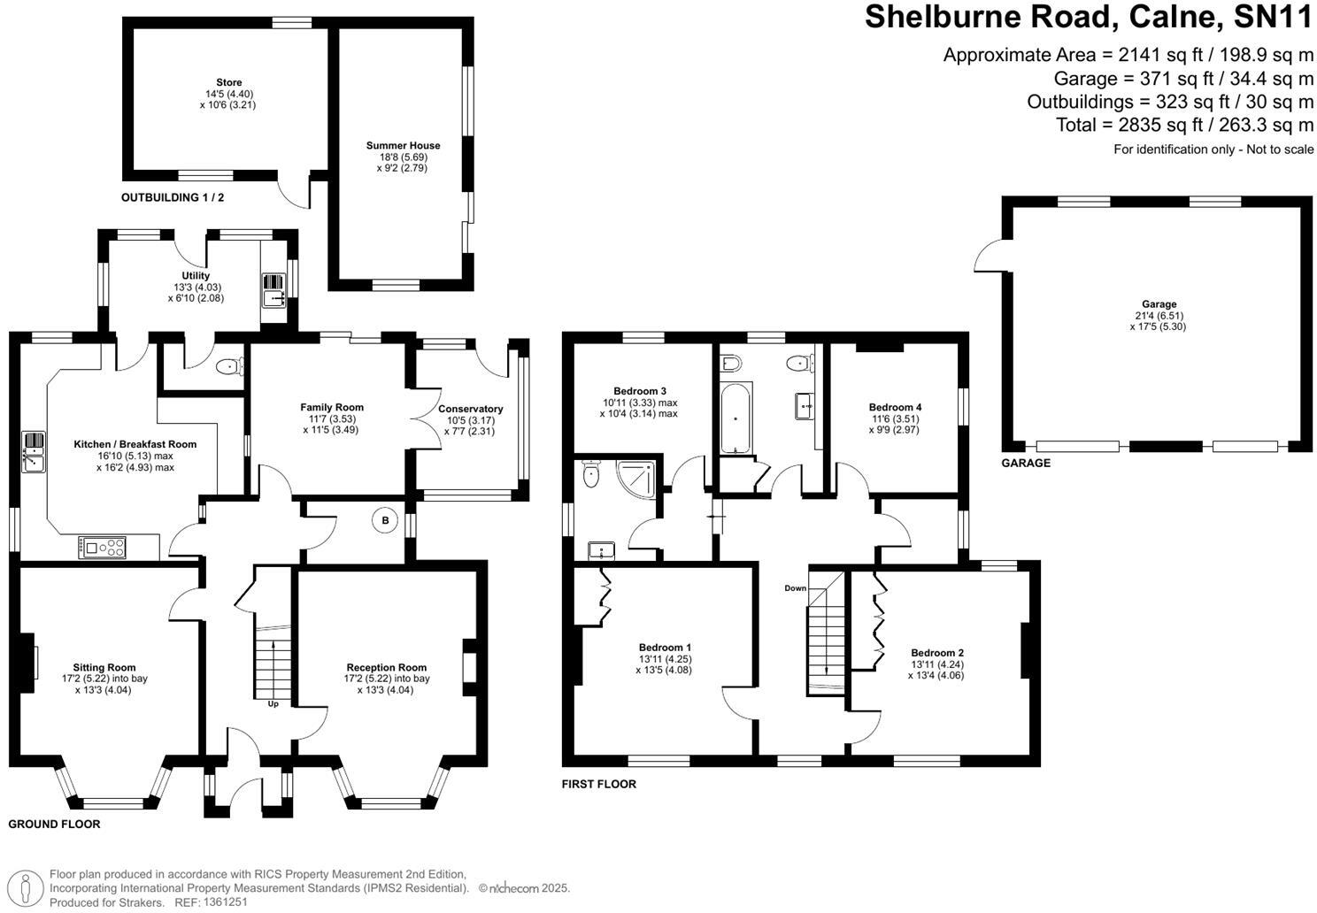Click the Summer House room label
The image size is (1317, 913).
(x=403, y=146)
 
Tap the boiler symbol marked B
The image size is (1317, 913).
(x=385, y=521)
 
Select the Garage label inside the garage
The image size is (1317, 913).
(x=1159, y=304)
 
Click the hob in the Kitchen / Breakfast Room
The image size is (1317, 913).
(x=103, y=549)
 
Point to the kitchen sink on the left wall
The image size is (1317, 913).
(x=33, y=451)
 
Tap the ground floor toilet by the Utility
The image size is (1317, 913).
(x=229, y=365)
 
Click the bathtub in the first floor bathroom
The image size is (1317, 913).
(x=736, y=418)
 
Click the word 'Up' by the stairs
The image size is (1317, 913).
(x=273, y=704)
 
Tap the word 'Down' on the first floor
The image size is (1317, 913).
(x=795, y=588)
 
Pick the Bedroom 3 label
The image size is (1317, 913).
(x=639, y=391)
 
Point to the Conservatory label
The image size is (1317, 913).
(x=470, y=409)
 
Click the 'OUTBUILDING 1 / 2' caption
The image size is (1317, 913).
(x=173, y=198)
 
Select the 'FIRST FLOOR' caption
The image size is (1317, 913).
(x=599, y=784)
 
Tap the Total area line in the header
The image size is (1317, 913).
(x=1184, y=125)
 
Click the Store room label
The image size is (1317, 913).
(x=228, y=83)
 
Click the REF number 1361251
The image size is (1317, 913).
(x=225, y=902)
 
